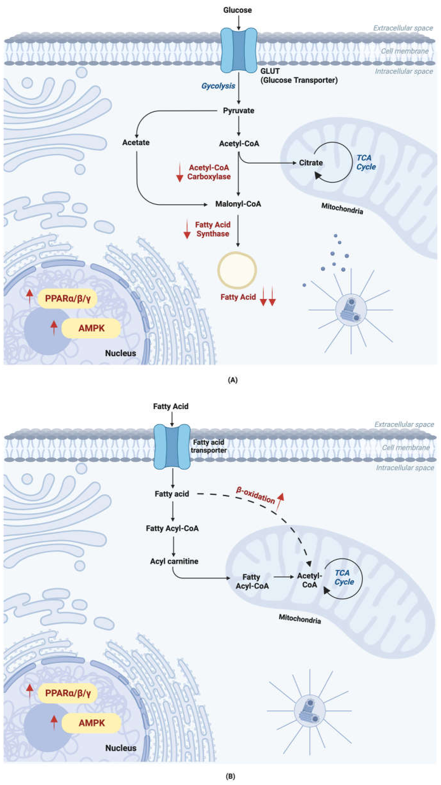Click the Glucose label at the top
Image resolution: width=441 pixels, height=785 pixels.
238,10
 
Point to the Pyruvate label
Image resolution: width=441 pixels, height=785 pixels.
238,111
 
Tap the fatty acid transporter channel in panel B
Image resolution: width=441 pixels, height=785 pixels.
172,446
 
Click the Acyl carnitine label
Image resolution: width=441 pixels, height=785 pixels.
174,561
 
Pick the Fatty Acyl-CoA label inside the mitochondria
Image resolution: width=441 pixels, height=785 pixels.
252,581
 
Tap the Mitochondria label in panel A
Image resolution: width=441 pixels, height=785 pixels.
342,209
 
